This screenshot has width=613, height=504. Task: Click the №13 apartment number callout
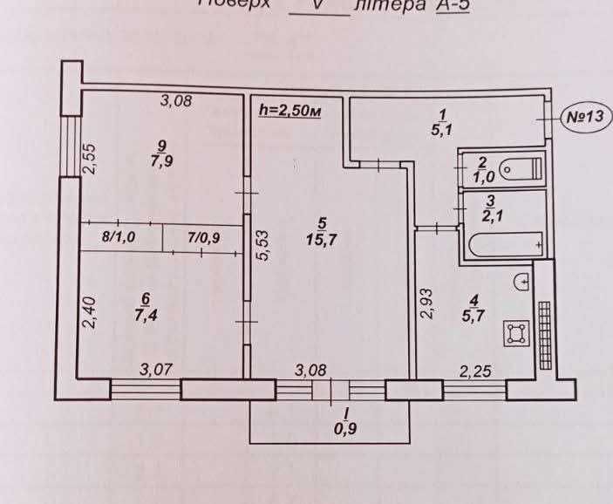583,116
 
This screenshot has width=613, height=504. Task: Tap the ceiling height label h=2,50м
287,110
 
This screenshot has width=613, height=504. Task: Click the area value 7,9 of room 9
161,160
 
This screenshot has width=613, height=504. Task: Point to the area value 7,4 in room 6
158,313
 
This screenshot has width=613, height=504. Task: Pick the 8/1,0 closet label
119,235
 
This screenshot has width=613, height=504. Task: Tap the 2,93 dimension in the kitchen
426,305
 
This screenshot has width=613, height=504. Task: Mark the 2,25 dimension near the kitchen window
474,371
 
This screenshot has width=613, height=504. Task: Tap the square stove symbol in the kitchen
516,332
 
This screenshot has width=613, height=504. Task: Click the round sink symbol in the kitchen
522,282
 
